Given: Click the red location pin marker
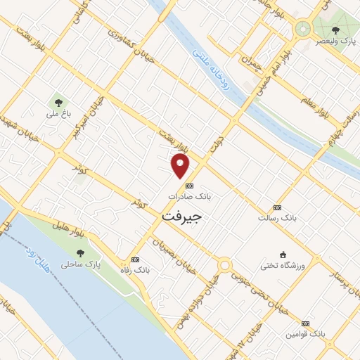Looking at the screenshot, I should point(181,166).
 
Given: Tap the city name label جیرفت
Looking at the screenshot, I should point(181,217).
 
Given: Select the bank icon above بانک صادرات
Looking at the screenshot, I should point(188,186).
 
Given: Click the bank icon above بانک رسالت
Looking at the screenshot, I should point(277,207).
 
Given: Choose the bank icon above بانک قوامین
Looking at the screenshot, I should point(304,323).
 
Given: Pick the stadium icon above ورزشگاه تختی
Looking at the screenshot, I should point(283,254).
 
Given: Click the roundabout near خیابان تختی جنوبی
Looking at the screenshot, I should point(224,266).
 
